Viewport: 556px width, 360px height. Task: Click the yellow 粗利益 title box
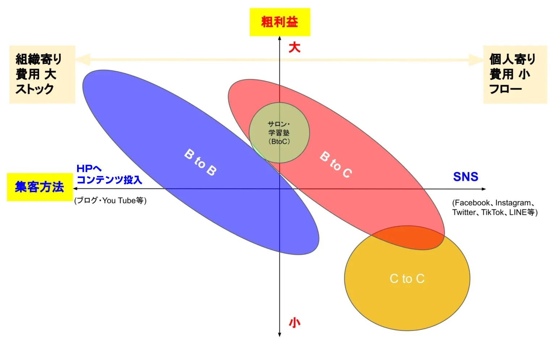pyautogui.click(x=280, y=22)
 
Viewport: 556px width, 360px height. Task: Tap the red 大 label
pyautogui.click(x=295, y=47)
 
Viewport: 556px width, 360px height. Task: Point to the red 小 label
pyautogui.click(x=295, y=322)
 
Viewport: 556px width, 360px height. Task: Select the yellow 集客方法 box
pyautogui.click(x=40, y=187)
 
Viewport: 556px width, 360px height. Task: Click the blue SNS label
pyautogui.click(x=466, y=177)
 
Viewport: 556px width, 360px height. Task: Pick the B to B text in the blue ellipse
pyautogui.click(x=201, y=162)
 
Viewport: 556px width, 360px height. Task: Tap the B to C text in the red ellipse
pyautogui.click(x=336, y=165)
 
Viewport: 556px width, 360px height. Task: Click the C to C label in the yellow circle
pyautogui.click(x=407, y=279)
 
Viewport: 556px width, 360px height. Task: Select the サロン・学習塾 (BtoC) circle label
pyautogui.click(x=279, y=133)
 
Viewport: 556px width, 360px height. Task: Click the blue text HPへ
pyautogui.click(x=89, y=169)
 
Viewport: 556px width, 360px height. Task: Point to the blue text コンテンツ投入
pyautogui.click(x=109, y=180)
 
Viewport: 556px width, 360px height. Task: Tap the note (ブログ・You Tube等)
pyautogui.click(x=110, y=200)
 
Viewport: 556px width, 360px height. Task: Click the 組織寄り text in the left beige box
pyautogui.click(x=39, y=59)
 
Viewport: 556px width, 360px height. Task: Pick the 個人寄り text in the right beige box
pyautogui.click(x=512, y=59)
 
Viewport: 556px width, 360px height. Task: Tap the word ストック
pyautogui.click(x=34, y=89)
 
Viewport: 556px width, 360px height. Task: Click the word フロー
pyautogui.click(x=506, y=89)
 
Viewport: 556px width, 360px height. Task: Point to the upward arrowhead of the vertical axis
pyautogui.click(x=279, y=38)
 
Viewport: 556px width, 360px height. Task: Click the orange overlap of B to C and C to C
pyautogui.click(x=409, y=238)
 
